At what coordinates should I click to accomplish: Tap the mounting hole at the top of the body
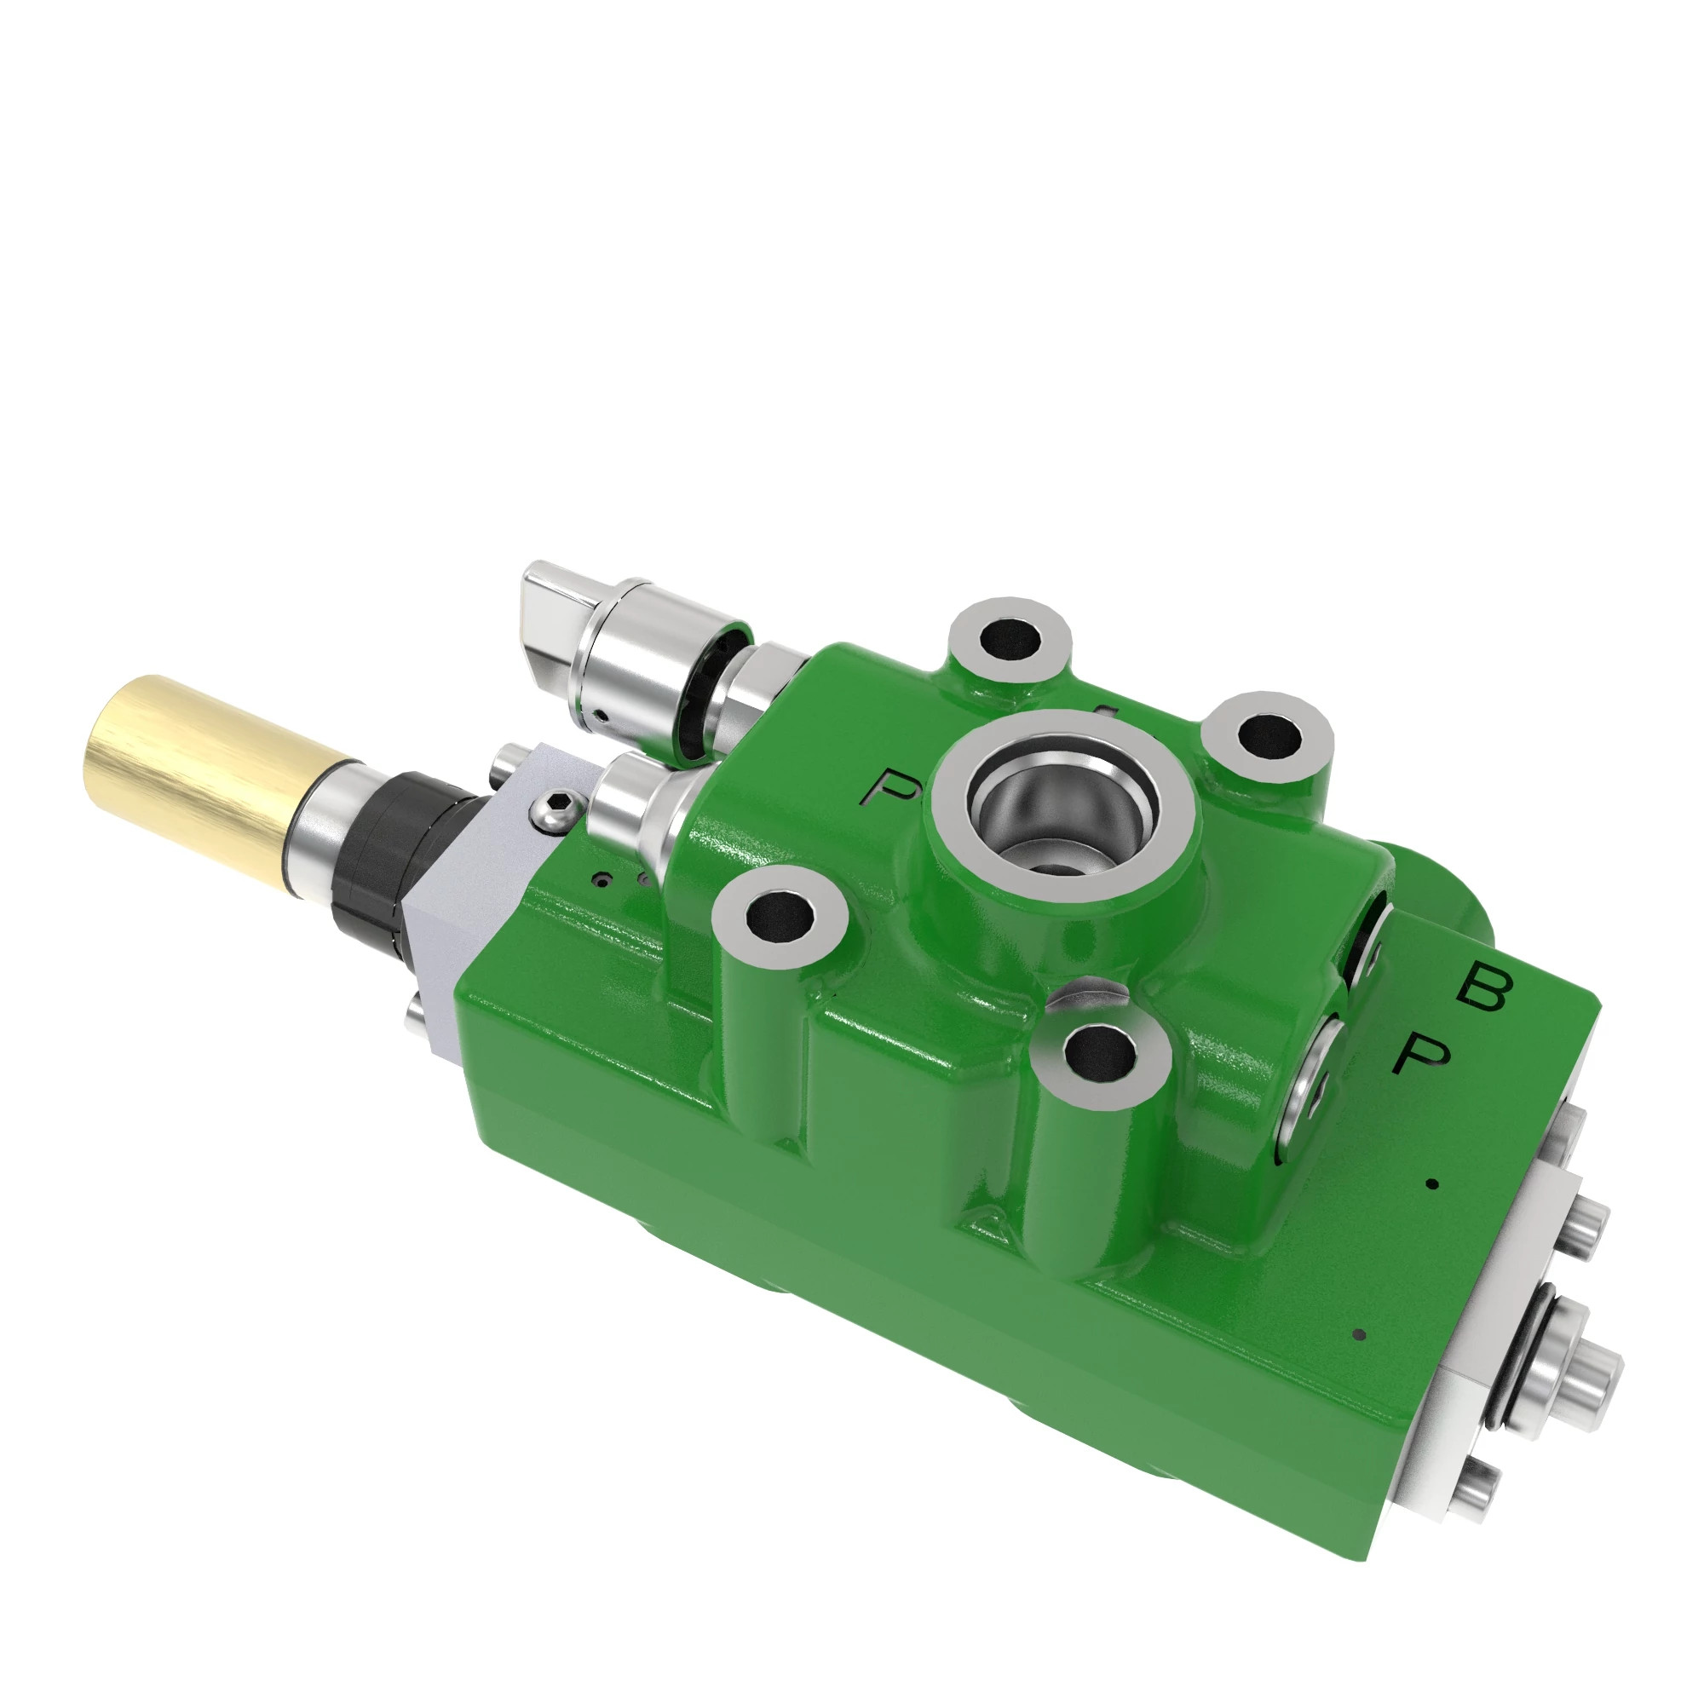(1008, 637)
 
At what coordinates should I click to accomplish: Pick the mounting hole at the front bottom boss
(1099, 1053)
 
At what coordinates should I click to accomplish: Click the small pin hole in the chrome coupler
(599, 715)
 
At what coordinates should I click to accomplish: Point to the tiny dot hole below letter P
(1432, 1184)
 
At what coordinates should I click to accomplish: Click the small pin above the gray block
(508, 757)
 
